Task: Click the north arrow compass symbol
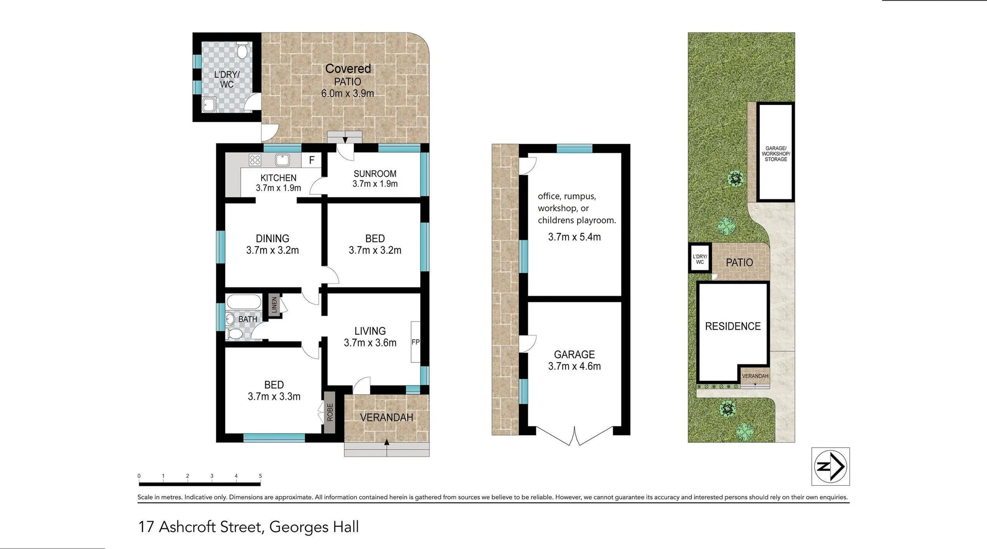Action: pos(830,466)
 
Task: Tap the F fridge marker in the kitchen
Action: pos(312,160)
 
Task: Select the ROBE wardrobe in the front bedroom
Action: pos(330,412)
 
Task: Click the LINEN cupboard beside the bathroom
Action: pos(274,305)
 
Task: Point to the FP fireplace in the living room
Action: pos(415,342)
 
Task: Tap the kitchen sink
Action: pos(282,160)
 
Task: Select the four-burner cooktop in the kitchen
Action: pos(255,160)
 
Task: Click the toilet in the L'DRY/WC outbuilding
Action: pos(242,51)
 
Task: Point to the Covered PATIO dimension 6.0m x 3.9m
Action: pos(348,94)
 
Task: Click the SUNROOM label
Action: pos(375,174)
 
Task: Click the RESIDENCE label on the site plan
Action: pos(733,326)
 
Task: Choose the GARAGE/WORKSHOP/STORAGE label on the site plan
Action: pos(776,154)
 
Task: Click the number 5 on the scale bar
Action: pos(260,476)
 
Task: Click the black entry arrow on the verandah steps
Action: pos(387,442)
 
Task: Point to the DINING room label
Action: pos(272,239)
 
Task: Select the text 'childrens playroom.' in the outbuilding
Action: pos(576,220)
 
